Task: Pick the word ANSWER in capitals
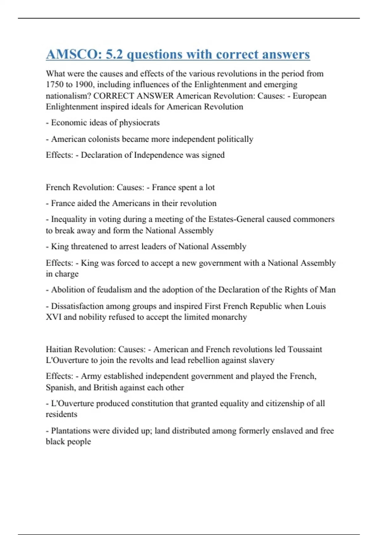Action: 155,96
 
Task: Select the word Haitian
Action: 59,349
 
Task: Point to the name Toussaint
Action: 305,349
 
